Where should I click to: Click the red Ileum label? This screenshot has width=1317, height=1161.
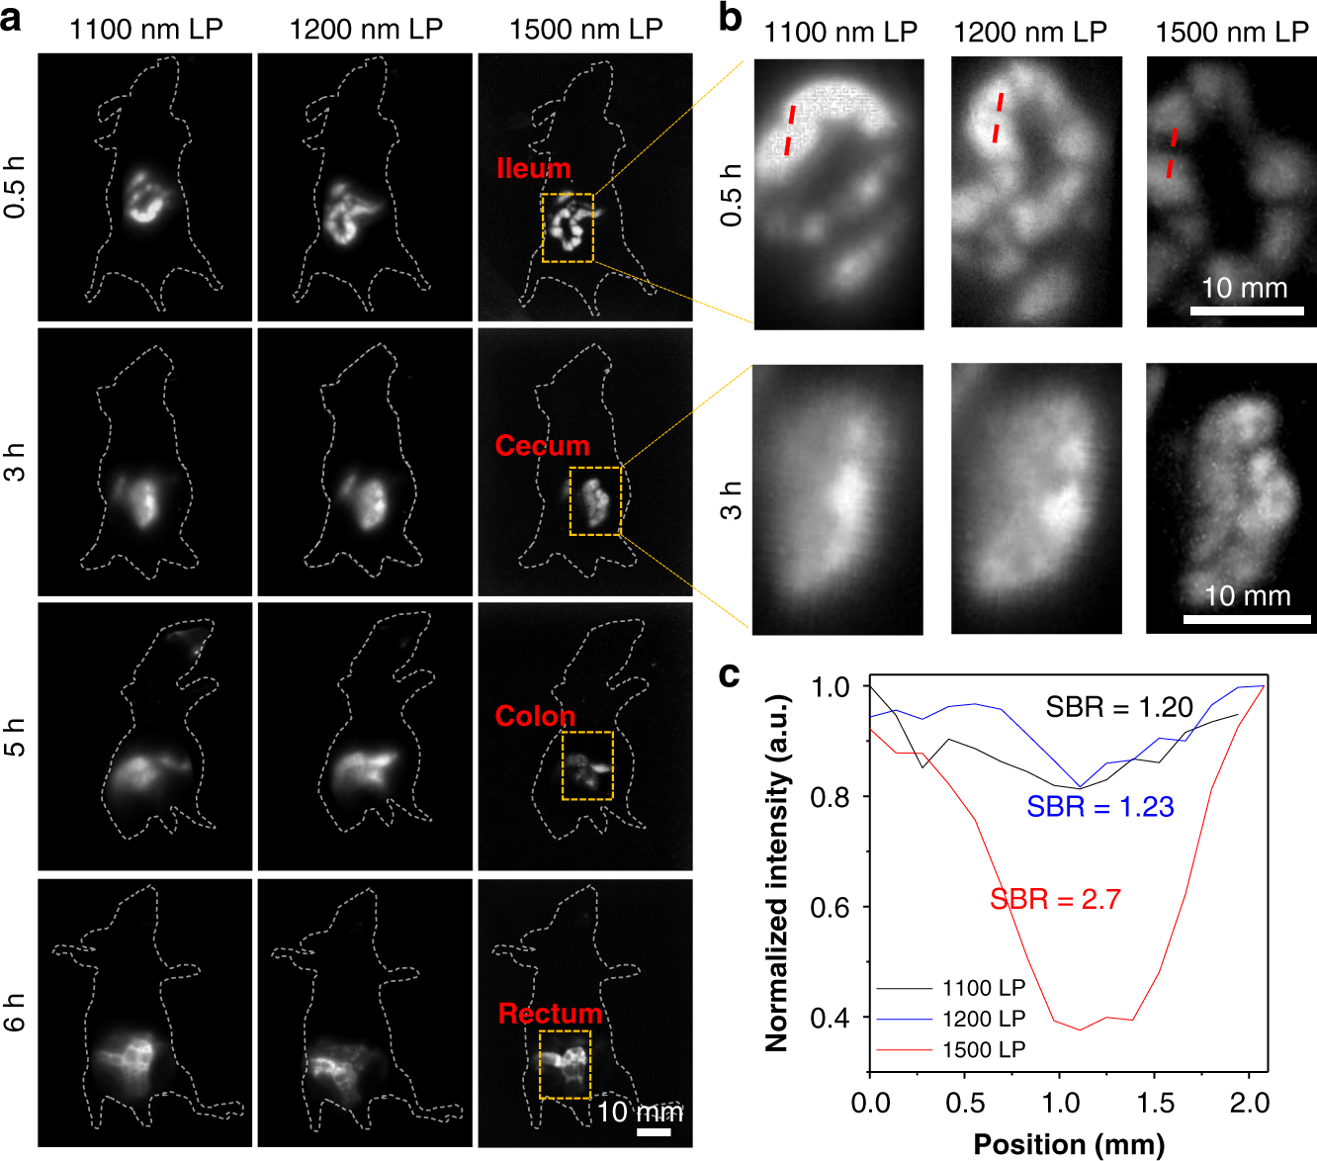click(x=534, y=168)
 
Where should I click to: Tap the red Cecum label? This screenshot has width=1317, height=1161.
click(x=542, y=446)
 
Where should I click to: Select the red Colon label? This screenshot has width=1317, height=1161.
click(x=535, y=716)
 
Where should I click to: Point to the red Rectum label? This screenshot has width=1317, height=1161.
click(x=550, y=1014)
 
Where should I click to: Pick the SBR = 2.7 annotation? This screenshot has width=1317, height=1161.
click(x=1055, y=899)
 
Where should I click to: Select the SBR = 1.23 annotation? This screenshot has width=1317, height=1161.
click(x=1099, y=807)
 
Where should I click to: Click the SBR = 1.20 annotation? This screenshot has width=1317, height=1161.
click(x=1119, y=707)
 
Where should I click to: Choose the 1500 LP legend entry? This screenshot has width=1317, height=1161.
click(x=983, y=1049)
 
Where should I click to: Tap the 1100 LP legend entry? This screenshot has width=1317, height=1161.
click(x=983, y=988)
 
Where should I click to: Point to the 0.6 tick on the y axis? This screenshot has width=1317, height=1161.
click(x=830, y=908)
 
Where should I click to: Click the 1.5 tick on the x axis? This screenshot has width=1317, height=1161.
click(x=1154, y=1103)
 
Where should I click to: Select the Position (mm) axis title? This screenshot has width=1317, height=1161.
click(x=1069, y=1144)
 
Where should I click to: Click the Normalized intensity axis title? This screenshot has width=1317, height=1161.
click(x=777, y=872)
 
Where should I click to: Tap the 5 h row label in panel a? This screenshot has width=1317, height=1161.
click(x=16, y=737)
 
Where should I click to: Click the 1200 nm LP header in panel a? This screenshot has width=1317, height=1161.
click(x=365, y=30)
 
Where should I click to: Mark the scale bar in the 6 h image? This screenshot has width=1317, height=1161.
click(x=654, y=1131)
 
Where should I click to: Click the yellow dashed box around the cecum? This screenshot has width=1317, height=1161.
click(x=595, y=500)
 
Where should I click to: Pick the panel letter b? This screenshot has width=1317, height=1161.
click(x=730, y=17)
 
